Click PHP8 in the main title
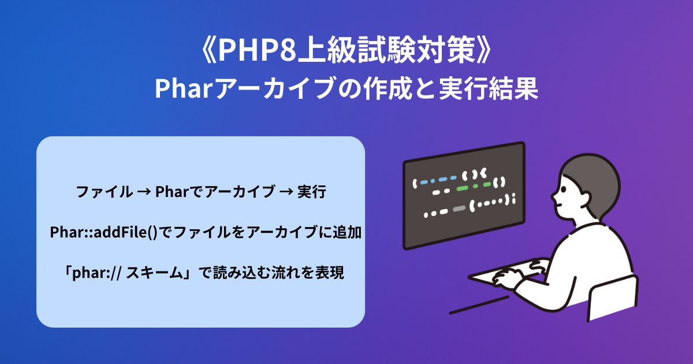coord(258,50)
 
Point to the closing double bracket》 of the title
coord(484,50)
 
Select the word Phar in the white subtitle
coord(183,88)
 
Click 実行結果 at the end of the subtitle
coord(489,88)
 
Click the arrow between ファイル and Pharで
coord(144,192)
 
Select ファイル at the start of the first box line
coord(104,192)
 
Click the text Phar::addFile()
coord(103,232)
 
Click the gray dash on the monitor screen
coord(459,209)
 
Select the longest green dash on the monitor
coord(463,188)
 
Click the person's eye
coord(564,189)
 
